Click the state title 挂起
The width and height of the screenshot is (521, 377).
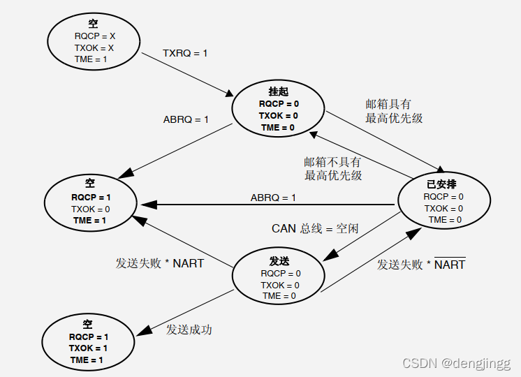[x=278, y=91]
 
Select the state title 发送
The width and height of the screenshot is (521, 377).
[x=279, y=260]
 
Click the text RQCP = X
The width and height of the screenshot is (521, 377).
[x=94, y=36]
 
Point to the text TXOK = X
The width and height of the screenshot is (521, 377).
[x=94, y=47]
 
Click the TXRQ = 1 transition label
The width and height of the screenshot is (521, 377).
[x=185, y=52]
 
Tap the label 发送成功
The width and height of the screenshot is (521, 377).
[x=189, y=330]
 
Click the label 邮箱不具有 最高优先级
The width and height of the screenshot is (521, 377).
[x=333, y=168]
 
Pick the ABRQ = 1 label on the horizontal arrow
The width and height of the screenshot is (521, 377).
[x=273, y=198]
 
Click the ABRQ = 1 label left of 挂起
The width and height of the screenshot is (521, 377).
[x=186, y=119]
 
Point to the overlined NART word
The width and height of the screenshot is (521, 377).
[x=450, y=265]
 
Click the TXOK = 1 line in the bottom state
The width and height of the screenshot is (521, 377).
[x=88, y=348]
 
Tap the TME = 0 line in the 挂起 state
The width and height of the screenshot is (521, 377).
[x=278, y=127]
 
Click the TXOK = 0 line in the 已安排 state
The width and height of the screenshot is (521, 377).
[x=443, y=208]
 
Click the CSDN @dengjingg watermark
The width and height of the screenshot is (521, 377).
[x=457, y=364]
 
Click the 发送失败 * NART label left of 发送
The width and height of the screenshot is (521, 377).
[x=159, y=263]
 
